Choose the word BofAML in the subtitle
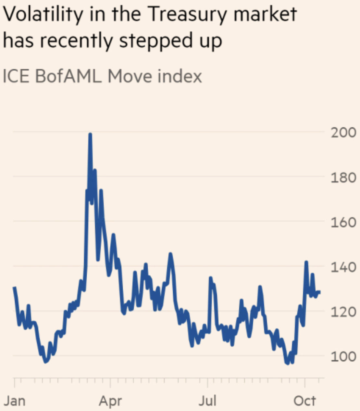[x=68, y=77]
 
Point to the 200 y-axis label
[x=343, y=133]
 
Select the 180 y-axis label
[x=343, y=177]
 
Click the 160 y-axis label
[x=343, y=222]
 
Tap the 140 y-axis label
[x=343, y=267]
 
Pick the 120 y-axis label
[x=343, y=312]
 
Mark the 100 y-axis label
[x=343, y=357]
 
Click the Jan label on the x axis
[x=14, y=401]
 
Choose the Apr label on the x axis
[x=110, y=401]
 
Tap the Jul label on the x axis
[x=207, y=401]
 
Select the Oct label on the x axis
[x=304, y=401]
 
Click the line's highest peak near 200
[x=90, y=134]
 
